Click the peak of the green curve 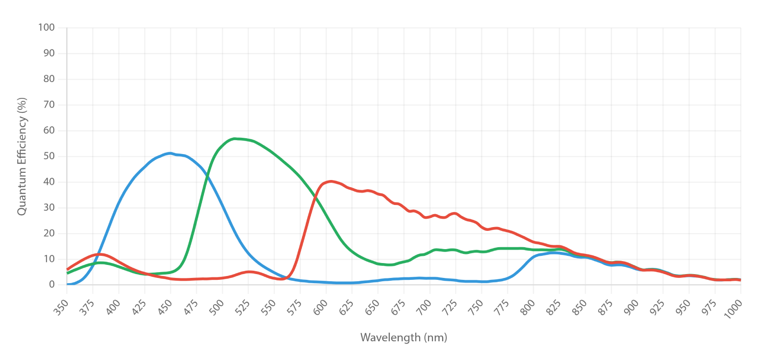235,139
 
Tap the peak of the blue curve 170,153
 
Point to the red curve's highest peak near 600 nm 331,181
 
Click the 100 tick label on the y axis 46,27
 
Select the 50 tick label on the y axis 49,156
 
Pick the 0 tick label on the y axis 52,284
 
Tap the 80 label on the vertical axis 49,79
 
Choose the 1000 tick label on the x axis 733,309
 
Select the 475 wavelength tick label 191,307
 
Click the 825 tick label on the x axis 553,307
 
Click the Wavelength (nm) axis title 404,338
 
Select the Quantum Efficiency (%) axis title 22,156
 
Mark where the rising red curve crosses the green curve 314,196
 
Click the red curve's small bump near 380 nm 99,254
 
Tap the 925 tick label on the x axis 657,307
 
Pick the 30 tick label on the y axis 49,207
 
